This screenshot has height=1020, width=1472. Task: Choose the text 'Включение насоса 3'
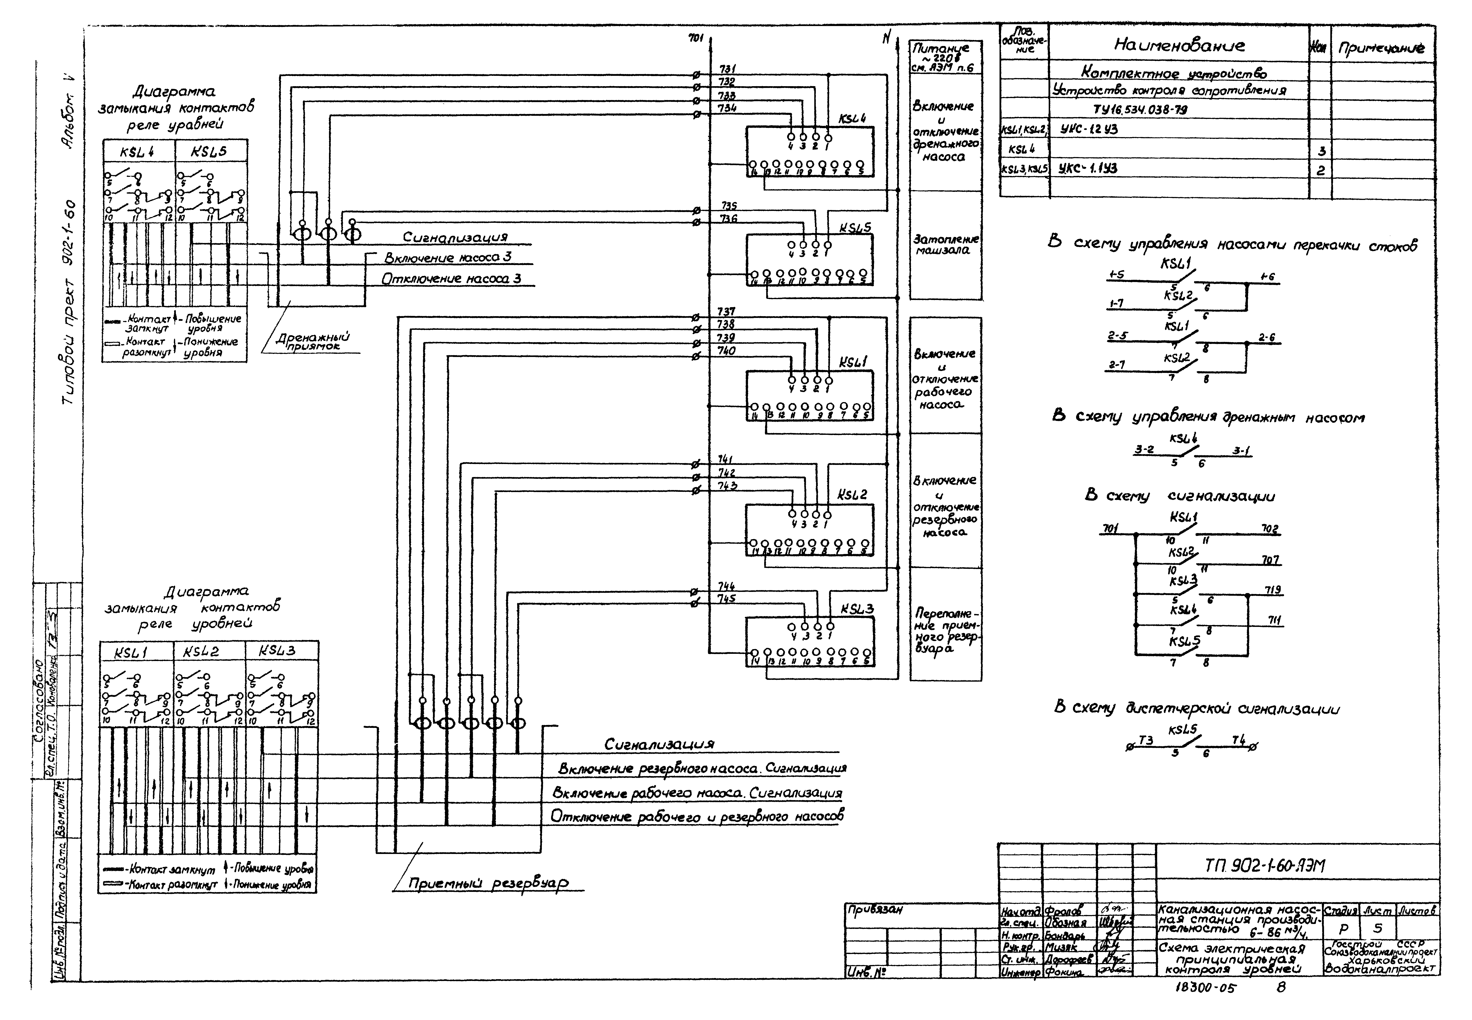(448, 258)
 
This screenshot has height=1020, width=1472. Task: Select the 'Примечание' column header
(1381, 48)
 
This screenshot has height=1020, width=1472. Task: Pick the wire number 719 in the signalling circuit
(1273, 590)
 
